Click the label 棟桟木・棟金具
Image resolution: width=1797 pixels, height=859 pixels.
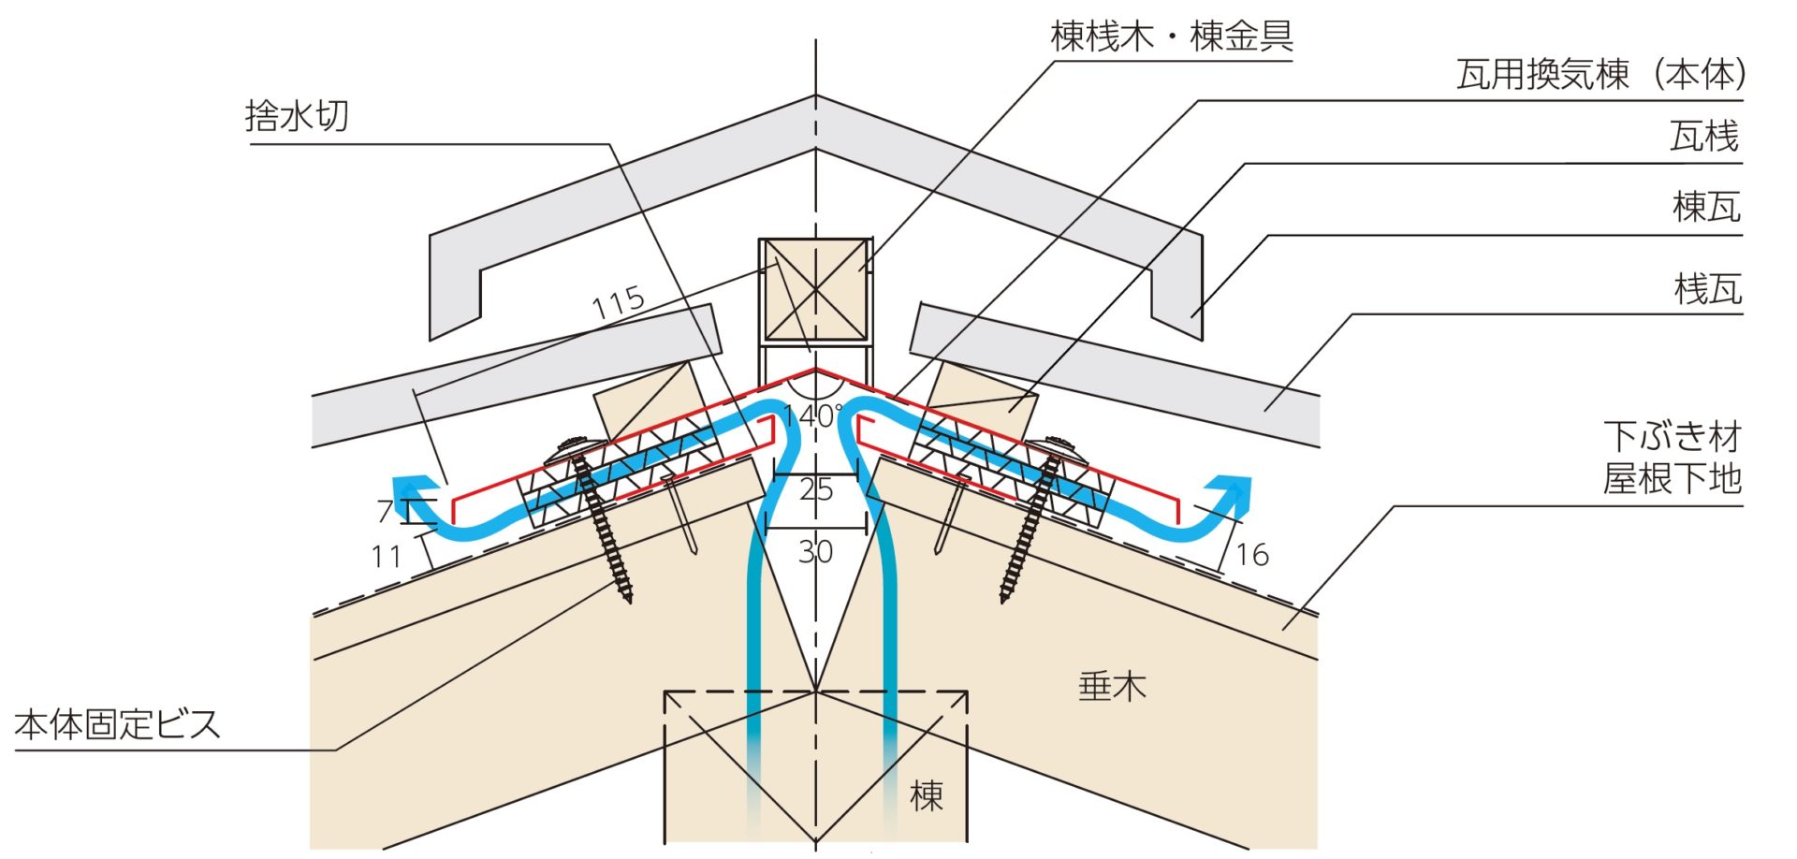coord(1171,36)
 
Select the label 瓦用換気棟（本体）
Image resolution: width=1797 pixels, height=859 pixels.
coord(1600,74)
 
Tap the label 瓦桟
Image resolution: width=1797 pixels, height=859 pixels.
coord(1703,138)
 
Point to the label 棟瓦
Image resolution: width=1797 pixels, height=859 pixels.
coord(1705,207)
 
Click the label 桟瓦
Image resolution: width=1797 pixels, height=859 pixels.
coord(1707,289)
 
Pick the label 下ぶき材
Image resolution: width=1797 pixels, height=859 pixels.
coord(1672,437)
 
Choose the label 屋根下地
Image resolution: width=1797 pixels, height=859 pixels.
coord(1672,479)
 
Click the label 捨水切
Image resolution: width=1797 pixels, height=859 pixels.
coord(297,116)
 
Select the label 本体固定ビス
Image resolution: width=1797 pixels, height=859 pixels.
coord(118,724)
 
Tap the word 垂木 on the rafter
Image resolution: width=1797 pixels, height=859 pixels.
coord(1112,687)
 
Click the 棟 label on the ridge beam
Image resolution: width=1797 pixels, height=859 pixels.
coord(926,795)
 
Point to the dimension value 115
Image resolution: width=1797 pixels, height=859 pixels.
coord(619,301)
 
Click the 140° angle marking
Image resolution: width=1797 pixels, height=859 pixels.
coord(812,415)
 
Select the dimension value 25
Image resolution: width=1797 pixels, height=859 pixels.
coord(815,489)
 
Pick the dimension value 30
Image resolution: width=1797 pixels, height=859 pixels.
coord(815,552)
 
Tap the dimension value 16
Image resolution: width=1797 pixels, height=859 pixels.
coord(1252,555)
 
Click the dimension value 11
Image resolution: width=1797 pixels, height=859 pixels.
coord(386,557)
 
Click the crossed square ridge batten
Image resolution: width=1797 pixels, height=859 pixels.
coord(815,291)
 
